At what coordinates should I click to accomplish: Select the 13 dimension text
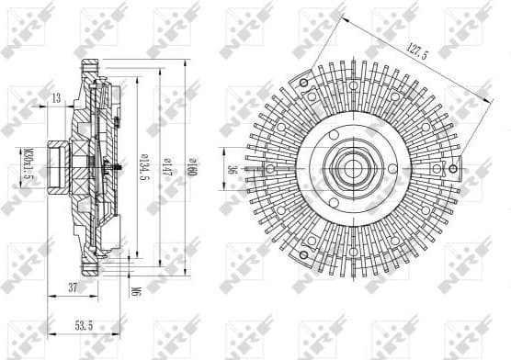[57, 98]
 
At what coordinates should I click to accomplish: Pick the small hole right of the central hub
[393, 168]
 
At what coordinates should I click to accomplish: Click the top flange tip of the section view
[90, 62]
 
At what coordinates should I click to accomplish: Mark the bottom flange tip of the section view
[90, 273]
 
